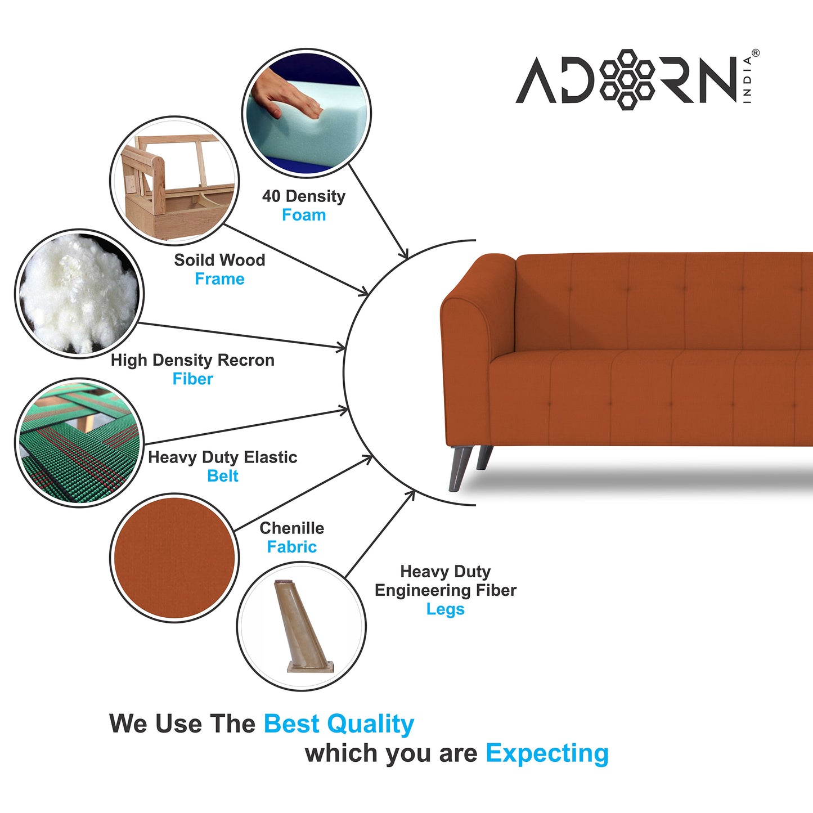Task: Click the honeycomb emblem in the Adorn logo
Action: click(627, 79)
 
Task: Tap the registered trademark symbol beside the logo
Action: click(756, 53)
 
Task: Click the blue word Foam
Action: click(304, 215)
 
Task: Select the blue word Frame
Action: click(220, 279)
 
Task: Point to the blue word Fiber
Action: click(193, 379)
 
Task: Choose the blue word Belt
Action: click(223, 476)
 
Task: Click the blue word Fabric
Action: click(292, 547)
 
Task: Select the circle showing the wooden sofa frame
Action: click(174, 181)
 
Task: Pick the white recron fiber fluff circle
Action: click(79, 294)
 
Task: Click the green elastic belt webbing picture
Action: click(79, 443)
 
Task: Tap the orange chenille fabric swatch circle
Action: click(174, 558)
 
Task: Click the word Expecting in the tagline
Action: click(547, 754)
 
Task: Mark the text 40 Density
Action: click(304, 196)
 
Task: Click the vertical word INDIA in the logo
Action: click(747, 80)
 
